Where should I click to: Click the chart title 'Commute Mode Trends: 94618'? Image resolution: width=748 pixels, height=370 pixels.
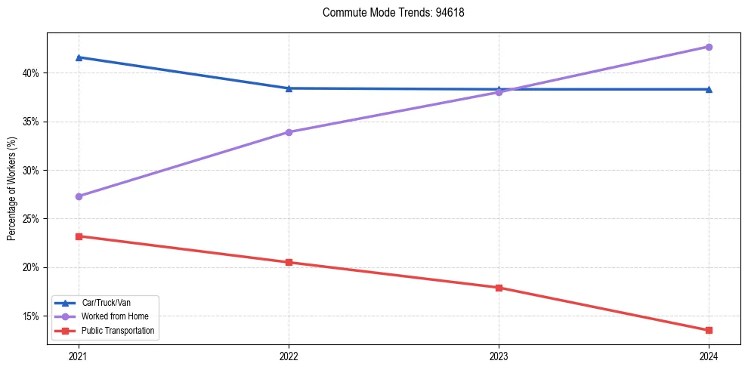[388, 13]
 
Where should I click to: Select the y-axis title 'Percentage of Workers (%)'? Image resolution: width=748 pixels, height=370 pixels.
[12, 189]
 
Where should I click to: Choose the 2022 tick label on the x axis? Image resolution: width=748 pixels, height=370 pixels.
[289, 355]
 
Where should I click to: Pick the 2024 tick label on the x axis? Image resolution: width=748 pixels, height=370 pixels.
[708, 355]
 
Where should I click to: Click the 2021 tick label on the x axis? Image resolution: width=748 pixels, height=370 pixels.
[79, 355]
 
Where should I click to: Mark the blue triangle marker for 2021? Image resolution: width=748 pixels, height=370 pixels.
[79, 57]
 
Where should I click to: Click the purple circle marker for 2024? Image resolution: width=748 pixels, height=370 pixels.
[709, 47]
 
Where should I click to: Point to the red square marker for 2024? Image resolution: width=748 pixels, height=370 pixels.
[709, 330]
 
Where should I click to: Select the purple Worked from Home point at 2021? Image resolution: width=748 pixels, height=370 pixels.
[79, 196]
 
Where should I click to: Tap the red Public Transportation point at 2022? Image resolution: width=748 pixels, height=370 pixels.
[289, 263]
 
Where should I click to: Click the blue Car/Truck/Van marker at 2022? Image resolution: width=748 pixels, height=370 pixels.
[289, 88]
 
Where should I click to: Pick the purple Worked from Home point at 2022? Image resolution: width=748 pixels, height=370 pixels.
[289, 132]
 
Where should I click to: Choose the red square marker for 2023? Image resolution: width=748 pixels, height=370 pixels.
[499, 288]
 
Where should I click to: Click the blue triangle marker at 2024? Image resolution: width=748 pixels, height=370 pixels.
[709, 89]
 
